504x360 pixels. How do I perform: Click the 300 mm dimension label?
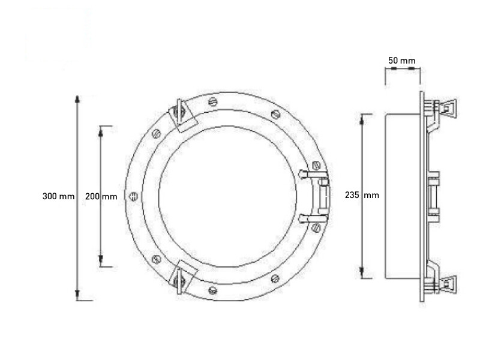point(59,196)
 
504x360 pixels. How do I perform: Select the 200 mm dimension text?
point(101,196)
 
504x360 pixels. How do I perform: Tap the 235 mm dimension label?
point(362,195)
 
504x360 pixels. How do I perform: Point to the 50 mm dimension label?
point(402,61)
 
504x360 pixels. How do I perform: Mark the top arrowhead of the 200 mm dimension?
point(101,131)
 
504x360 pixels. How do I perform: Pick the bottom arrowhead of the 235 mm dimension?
point(362,272)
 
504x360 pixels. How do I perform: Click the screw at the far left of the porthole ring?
point(133,196)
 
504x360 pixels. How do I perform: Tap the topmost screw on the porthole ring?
point(213,101)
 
